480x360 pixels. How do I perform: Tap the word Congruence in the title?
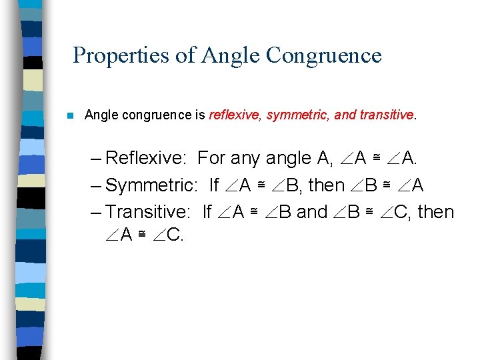pyautogui.click(x=323, y=55)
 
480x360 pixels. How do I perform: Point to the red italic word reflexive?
pyautogui.click(x=235, y=115)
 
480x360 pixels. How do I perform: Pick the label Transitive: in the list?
pyautogui.click(x=149, y=212)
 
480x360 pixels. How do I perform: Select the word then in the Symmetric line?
pyautogui.click(x=325, y=185)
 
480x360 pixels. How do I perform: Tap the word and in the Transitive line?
pyautogui.click(x=311, y=212)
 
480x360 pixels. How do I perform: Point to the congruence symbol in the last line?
pyautogui.click(x=142, y=235)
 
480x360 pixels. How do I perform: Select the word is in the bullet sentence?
pyautogui.click(x=199, y=115)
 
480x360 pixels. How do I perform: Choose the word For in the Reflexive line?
pyautogui.click(x=212, y=158)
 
